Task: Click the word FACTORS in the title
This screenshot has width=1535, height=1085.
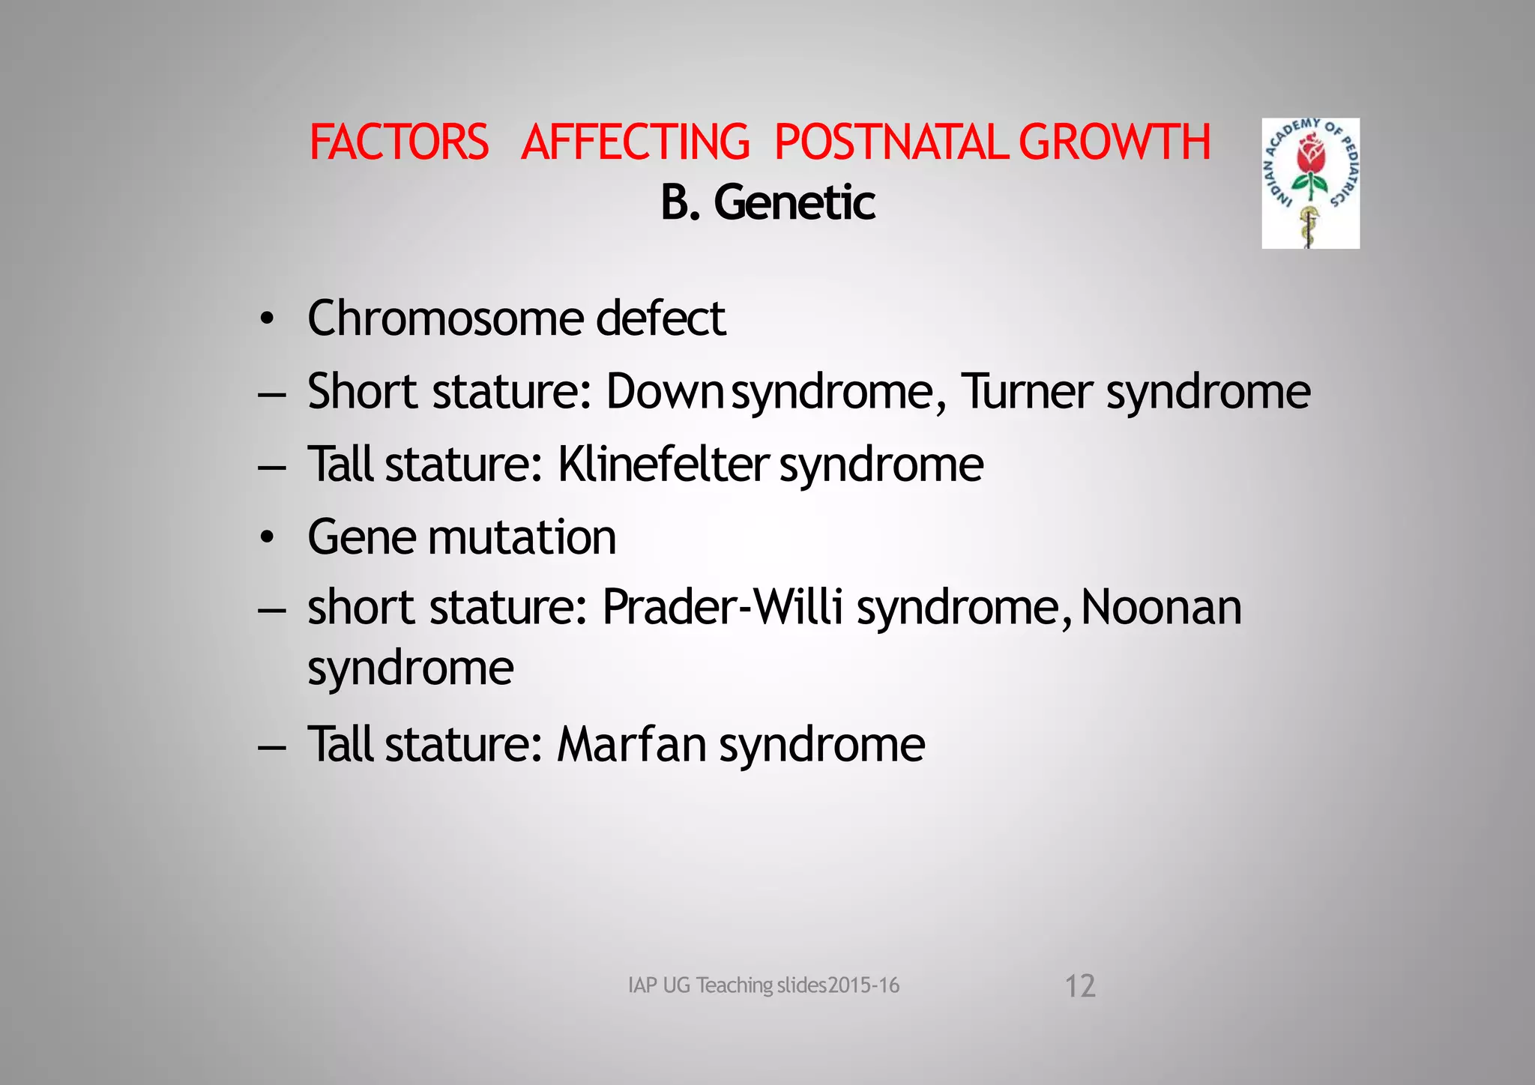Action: [399, 142]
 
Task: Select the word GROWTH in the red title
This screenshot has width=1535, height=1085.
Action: [1115, 142]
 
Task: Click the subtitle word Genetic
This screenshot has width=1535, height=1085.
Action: [794, 202]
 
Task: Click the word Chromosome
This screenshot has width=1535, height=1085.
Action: [445, 318]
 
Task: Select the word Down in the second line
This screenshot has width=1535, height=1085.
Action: [664, 391]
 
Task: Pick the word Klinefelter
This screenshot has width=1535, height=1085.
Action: [663, 464]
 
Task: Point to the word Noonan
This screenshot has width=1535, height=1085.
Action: [1161, 606]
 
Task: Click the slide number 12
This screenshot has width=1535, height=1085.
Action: [1080, 986]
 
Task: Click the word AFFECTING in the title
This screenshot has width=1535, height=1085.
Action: [635, 142]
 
